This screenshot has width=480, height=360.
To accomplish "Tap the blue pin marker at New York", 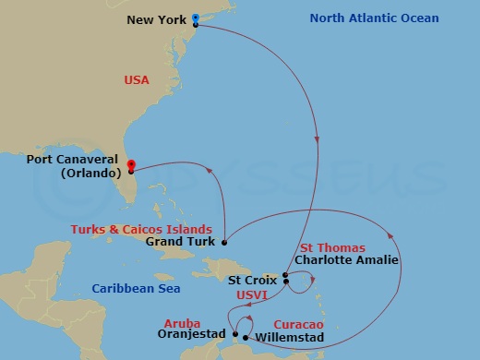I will point(196,18).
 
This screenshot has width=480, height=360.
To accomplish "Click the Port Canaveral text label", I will point(77,160).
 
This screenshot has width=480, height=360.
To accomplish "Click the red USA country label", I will point(137,80).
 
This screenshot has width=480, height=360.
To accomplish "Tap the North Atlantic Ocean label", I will point(374,18).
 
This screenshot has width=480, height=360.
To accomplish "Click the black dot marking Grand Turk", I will point(223,242).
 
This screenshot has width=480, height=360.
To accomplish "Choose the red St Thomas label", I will point(332,247).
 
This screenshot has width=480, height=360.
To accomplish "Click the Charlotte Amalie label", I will point(345,260).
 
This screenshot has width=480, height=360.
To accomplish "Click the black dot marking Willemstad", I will point(245,337).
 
